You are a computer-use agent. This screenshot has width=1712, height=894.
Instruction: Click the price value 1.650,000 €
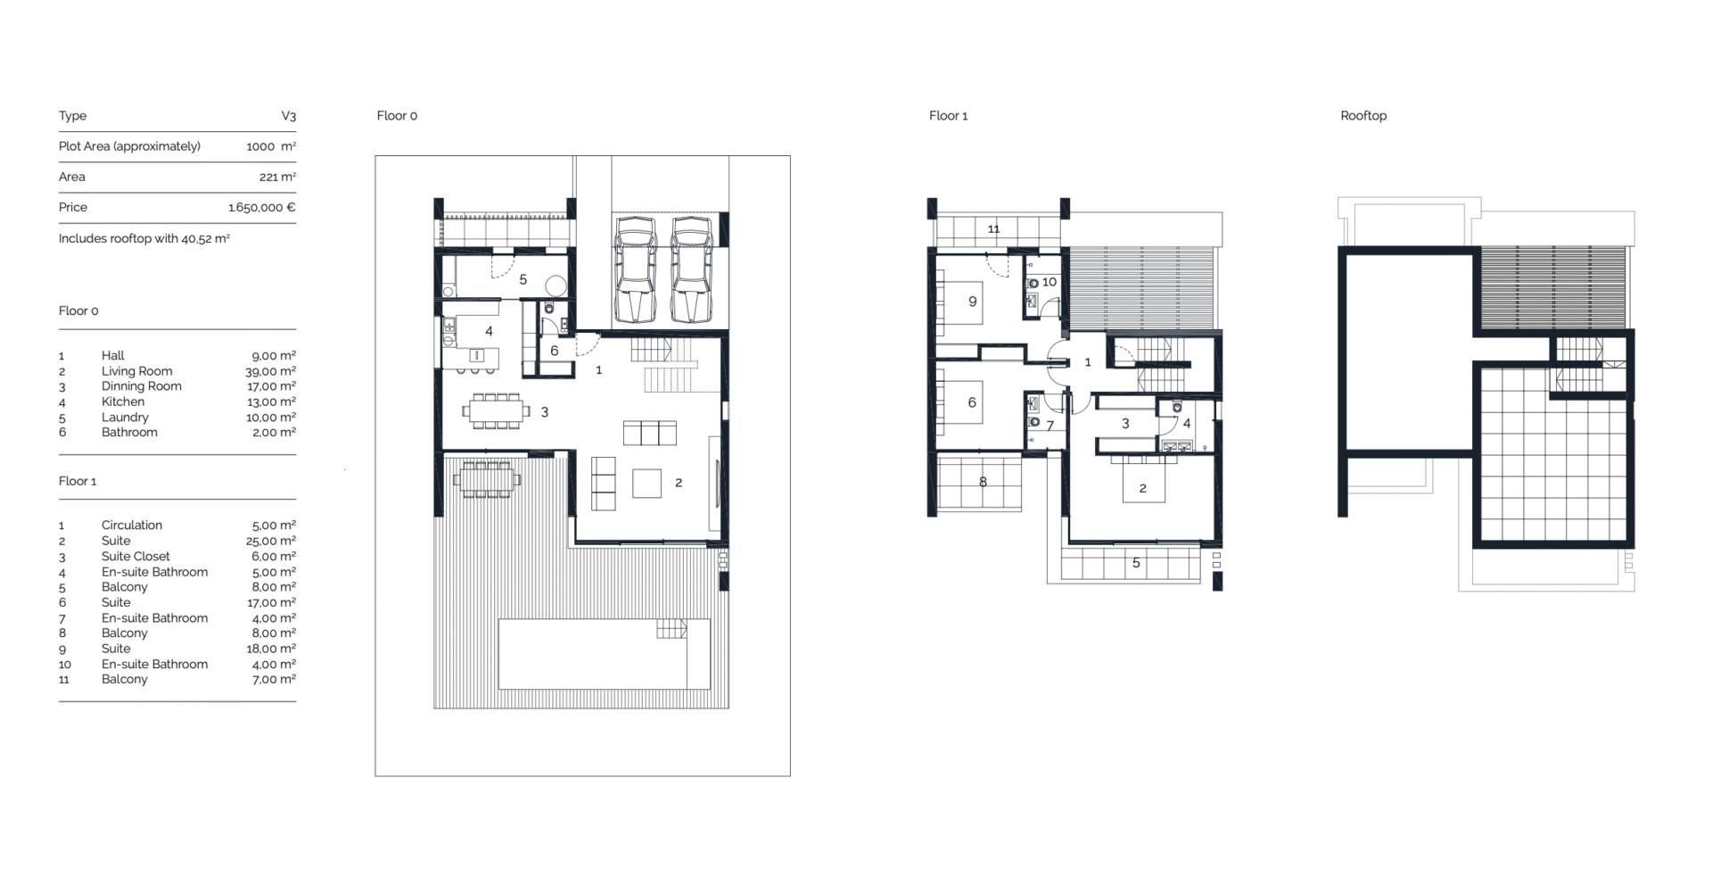(x=262, y=207)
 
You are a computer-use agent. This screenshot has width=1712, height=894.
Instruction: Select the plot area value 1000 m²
(x=271, y=146)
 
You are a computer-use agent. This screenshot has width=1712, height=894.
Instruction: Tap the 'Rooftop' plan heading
(x=1363, y=116)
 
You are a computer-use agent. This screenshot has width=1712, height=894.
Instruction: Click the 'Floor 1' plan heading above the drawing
(x=948, y=116)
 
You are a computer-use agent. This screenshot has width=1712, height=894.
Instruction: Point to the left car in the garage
(x=636, y=269)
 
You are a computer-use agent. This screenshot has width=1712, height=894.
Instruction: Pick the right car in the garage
(x=691, y=269)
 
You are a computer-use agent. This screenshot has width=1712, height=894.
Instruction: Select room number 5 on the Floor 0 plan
(x=523, y=279)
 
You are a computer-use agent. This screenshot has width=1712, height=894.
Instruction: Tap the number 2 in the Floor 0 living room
(x=679, y=483)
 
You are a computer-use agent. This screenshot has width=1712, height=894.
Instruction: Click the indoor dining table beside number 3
(x=496, y=411)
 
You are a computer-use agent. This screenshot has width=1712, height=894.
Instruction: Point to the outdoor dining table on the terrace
(x=487, y=481)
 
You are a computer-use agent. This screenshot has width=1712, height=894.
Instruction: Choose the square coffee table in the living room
(x=647, y=484)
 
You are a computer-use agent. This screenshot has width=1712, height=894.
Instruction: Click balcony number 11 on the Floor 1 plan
(x=993, y=229)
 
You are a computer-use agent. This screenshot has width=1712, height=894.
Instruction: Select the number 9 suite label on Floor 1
(x=973, y=302)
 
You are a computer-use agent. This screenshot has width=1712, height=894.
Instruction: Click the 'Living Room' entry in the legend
(x=137, y=371)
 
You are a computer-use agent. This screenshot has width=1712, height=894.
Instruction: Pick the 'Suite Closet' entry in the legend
(x=136, y=556)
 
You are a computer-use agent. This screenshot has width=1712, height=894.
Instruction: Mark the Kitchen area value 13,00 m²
(x=272, y=401)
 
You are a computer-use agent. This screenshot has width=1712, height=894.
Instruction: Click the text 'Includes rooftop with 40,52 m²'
(x=144, y=239)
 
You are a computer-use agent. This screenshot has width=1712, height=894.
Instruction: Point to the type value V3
(x=289, y=116)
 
